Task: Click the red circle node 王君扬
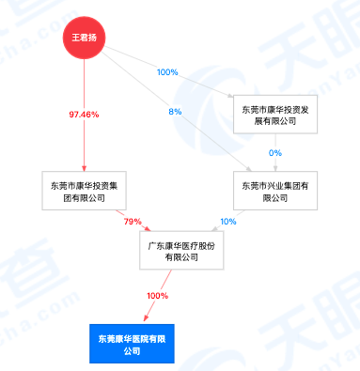[x=86, y=39]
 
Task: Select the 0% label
[x=274, y=152]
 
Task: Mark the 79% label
[x=133, y=222]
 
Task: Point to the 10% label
[x=227, y=222]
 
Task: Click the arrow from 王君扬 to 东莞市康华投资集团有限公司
[x=85, y=141]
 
